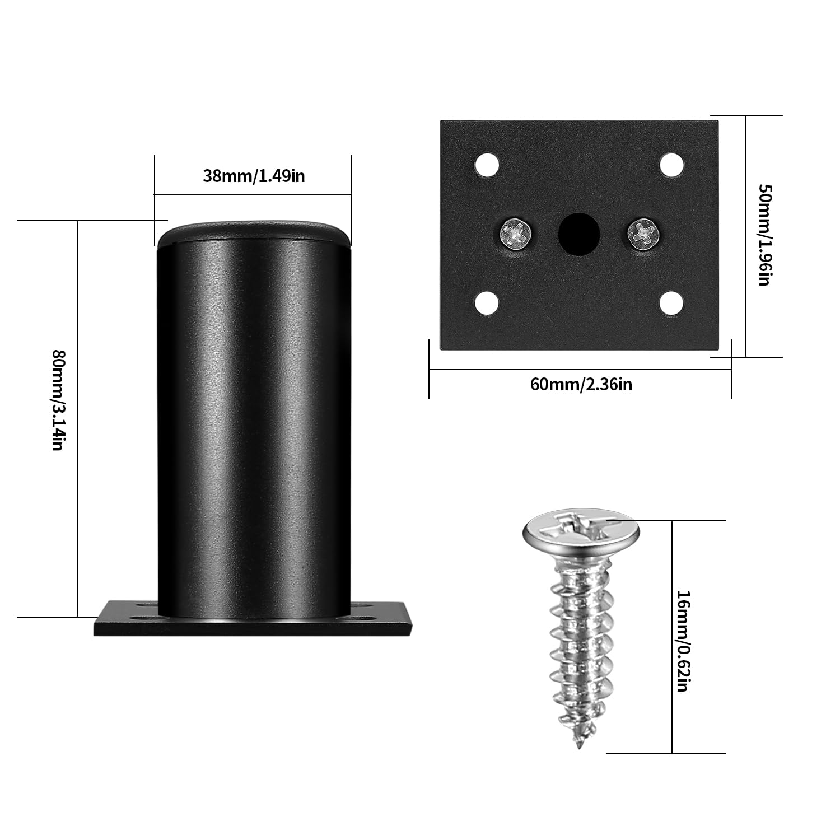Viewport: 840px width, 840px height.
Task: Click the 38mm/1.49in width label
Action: [x=254, y=176]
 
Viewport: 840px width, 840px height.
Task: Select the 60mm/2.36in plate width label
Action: [x=581, y=385]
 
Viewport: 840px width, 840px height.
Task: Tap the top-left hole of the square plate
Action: [x=487, y=165]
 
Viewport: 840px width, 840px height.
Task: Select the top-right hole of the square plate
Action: [x=671, y=165]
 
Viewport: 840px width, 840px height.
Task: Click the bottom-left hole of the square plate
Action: [x=487, y=303]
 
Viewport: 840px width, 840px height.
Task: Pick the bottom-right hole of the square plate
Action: [x=671, y=303]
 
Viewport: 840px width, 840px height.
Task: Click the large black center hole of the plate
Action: [x=579, y=234]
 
